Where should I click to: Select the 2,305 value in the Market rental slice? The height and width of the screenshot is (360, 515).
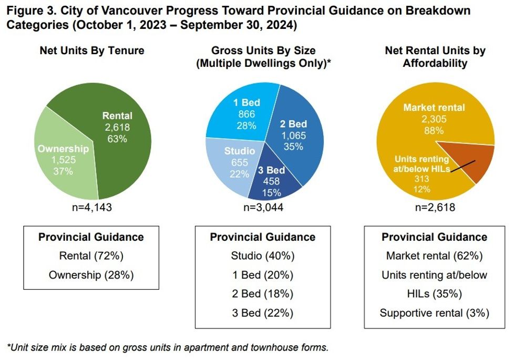pyautogui.click(x=434, y=119)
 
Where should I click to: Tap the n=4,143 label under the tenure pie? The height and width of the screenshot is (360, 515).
pyautogui.click(x=92, y=207)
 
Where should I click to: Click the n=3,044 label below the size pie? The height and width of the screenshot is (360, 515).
pyautogui.click(x=263, y=207)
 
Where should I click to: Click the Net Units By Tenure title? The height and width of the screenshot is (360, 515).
pyautogui.click(x=92, y=51)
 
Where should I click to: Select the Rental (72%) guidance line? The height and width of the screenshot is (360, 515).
pyautogui.click(x=92, y=256)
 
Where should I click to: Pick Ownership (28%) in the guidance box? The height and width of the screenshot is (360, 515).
pyautogui.click(x=92, y=275)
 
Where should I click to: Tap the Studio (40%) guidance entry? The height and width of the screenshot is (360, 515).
pyautogui.click(x=263, y=256)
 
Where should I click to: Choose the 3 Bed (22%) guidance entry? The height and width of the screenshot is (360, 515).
pyautogui.click(x=263, y=313)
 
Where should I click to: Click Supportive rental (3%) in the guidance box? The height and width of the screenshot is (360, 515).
pyautogui.click(x=435, y=313)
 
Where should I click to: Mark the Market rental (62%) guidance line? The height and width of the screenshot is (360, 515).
pyautogui.click(x=435, y=256)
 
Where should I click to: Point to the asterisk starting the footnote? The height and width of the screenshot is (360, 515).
pyautogui.click(x=8, y=347)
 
